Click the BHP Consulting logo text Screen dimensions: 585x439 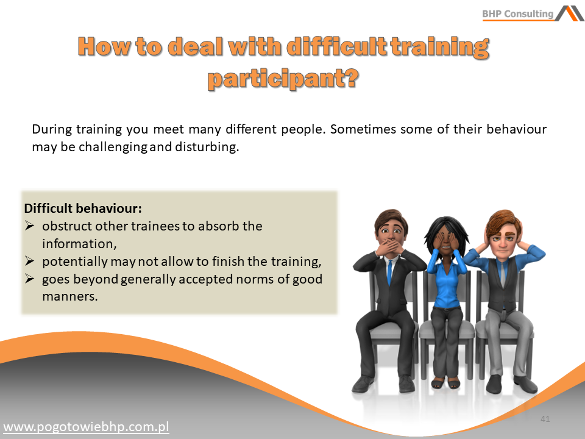(x=517, y=14)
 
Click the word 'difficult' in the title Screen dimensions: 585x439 (x=337, y=47)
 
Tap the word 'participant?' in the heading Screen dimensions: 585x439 (x=283, y=79)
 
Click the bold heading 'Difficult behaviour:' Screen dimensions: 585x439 (x=83, y=208)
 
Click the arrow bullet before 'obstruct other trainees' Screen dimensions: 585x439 (x=29, y=226)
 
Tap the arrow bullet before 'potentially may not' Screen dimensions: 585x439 (x=29, y=261)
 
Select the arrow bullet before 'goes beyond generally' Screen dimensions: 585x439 (x=29, y=279)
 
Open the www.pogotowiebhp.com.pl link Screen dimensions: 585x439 (x=86, y=427)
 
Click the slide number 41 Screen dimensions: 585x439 (x=545, y=419)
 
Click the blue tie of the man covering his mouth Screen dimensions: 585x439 (x=389, y=273)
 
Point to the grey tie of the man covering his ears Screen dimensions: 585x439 (x=503, y=274)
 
